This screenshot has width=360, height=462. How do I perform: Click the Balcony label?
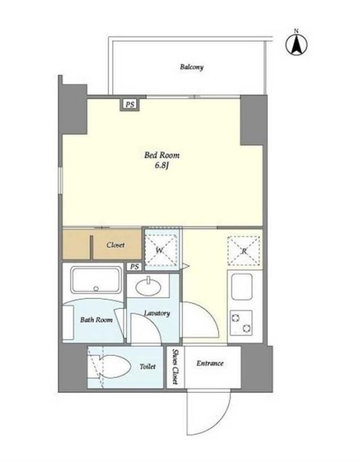point(192,67)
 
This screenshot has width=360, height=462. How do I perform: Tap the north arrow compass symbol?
point(296,44)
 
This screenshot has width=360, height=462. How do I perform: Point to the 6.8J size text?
point(161,166)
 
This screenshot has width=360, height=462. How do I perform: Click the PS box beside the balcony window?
point(130,105)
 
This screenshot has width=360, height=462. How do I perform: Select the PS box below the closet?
point(134,266)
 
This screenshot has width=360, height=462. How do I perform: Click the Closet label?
point(115,245)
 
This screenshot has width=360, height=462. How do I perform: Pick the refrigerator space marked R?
point(244,251)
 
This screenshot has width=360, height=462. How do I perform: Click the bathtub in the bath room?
point(96,280)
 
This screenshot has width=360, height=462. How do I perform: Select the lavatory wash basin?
point(148,286)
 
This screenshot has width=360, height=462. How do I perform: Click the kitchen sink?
point(242,286)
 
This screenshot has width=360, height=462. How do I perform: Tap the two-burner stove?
point(241,323)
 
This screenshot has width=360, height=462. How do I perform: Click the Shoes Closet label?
point(175,367)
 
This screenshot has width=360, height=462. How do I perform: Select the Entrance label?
point(210,363)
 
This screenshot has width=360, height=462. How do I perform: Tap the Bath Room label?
point(96,319)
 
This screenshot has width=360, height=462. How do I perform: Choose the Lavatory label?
point(157,313)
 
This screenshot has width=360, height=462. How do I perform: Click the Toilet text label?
point(148,367)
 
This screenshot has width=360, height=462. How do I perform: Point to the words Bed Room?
point(162,155)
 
